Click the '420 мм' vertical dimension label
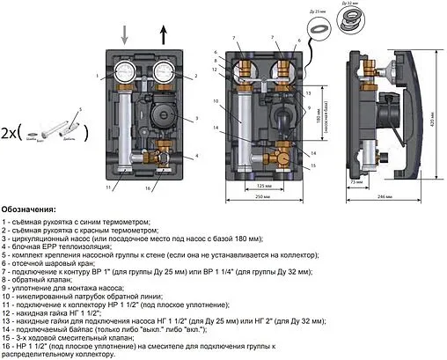434,113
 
